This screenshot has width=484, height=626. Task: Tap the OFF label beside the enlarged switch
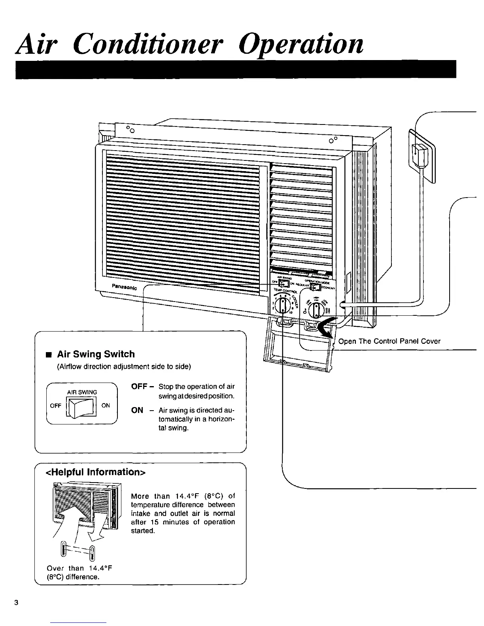(56, 406)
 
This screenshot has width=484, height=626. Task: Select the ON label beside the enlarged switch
(106, 405)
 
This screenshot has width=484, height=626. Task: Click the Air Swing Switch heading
(96, 354)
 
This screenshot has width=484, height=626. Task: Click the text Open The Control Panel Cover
(389, 341)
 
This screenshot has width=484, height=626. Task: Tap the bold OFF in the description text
(139, 387)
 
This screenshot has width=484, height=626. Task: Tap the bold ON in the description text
(137, 410)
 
